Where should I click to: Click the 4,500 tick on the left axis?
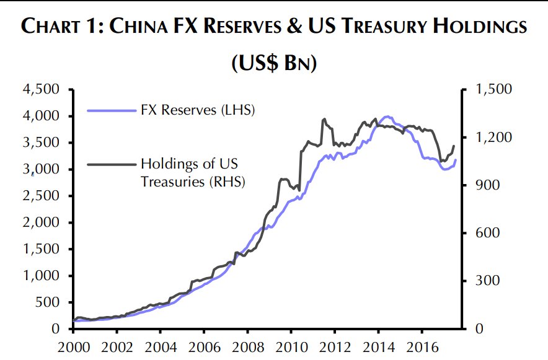pos(42,89)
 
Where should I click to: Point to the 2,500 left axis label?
pos(42,196)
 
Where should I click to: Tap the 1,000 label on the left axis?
pos(42,276)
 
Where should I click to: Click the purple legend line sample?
pos(111,111)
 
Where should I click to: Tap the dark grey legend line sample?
pos(111,164)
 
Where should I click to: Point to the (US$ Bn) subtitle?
pos(274,63)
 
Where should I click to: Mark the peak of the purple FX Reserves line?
pos(387,116)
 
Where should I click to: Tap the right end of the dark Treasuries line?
pos(454,146)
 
